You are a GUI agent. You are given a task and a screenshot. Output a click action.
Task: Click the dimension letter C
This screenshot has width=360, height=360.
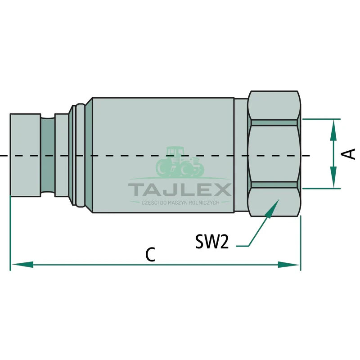point(150,254)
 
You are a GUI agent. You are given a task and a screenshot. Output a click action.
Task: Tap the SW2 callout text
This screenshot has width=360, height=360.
point(212,241)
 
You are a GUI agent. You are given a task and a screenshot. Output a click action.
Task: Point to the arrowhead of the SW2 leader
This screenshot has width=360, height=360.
point(272,208)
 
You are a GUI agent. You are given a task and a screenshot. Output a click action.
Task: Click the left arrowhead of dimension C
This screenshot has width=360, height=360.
point(22,265)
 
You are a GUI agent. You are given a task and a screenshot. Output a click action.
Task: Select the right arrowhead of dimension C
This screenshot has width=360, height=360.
point(288,265)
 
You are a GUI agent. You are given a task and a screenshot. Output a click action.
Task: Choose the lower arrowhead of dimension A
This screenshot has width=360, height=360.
point(333,177)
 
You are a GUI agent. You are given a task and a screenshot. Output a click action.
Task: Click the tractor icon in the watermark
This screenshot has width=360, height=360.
point(180,162)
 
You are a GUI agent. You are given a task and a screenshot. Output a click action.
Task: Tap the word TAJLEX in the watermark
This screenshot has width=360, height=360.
point(180,189)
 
